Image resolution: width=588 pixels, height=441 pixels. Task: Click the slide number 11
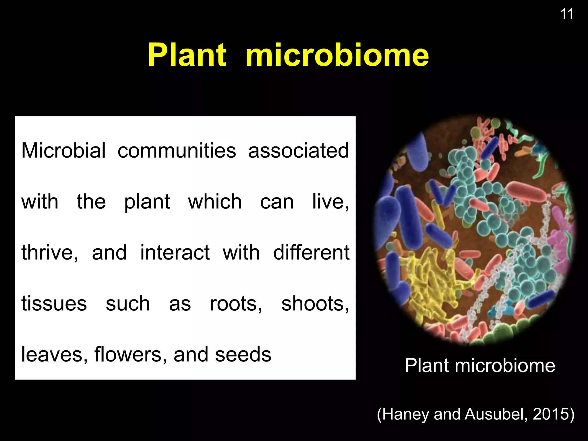tap(567, 14)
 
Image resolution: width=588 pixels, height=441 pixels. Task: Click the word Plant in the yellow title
tap(187, 55)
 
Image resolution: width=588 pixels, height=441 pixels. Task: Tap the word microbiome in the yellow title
tap(337, 55)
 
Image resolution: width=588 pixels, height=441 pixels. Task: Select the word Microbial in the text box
tap(63, 150)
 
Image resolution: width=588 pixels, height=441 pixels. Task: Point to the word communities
tap(177, 150)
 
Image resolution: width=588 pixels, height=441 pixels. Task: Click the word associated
tap(299, 150)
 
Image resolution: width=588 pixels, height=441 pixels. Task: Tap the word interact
tap(175, 253)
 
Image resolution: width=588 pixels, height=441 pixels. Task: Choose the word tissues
tap(54, 303)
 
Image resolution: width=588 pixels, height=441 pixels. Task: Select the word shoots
tap(315, 303)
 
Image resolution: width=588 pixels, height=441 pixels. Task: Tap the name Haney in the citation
tap(406, 414)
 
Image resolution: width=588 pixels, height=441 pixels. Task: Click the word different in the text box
tap(311, 253)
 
